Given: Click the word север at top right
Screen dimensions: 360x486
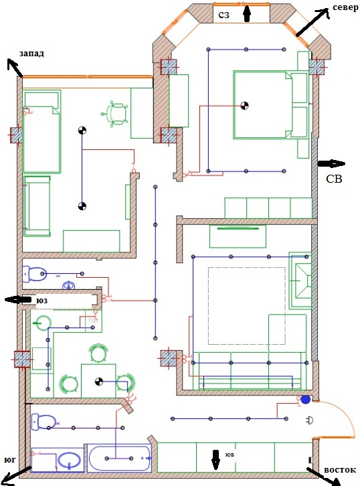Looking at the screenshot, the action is (x=345, y=7).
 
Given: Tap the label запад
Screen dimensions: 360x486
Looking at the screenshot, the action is (x=31, y=54).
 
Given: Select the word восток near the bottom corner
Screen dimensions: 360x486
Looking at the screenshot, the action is (x=340, y=470).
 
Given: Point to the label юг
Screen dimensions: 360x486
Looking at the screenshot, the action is (x=10, y=460).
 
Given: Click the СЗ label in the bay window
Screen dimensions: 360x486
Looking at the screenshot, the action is (x=223, y=15).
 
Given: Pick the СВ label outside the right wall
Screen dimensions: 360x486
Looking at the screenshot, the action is (x=334, y=179).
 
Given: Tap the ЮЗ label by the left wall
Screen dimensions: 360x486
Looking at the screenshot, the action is (x=42, y=301).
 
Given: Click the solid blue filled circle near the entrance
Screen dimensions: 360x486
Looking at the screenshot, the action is (x=306, y=400).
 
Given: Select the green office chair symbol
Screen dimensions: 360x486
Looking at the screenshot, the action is (x=114, y=114).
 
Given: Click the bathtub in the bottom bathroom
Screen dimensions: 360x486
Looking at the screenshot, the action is (x=120, y=458).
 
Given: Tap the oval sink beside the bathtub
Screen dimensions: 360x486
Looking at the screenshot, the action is (x=69, y=461).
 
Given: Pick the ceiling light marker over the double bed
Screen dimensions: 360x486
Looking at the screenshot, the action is (x=244, y=106).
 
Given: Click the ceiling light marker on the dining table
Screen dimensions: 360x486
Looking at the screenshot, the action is (x=99, y=382).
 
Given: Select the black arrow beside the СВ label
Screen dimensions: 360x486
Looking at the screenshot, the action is (x=331, y=163).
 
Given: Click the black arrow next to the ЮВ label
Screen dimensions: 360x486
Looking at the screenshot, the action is (x=215, y=460).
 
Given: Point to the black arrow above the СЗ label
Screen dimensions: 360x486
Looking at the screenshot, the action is (x=246, y=14).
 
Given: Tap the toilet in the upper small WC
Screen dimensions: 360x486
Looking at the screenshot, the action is (x=34, y=274).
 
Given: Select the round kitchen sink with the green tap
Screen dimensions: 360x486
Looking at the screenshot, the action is (x=42, y=323).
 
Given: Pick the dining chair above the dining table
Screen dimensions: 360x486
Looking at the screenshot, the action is (x=98, y=353).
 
